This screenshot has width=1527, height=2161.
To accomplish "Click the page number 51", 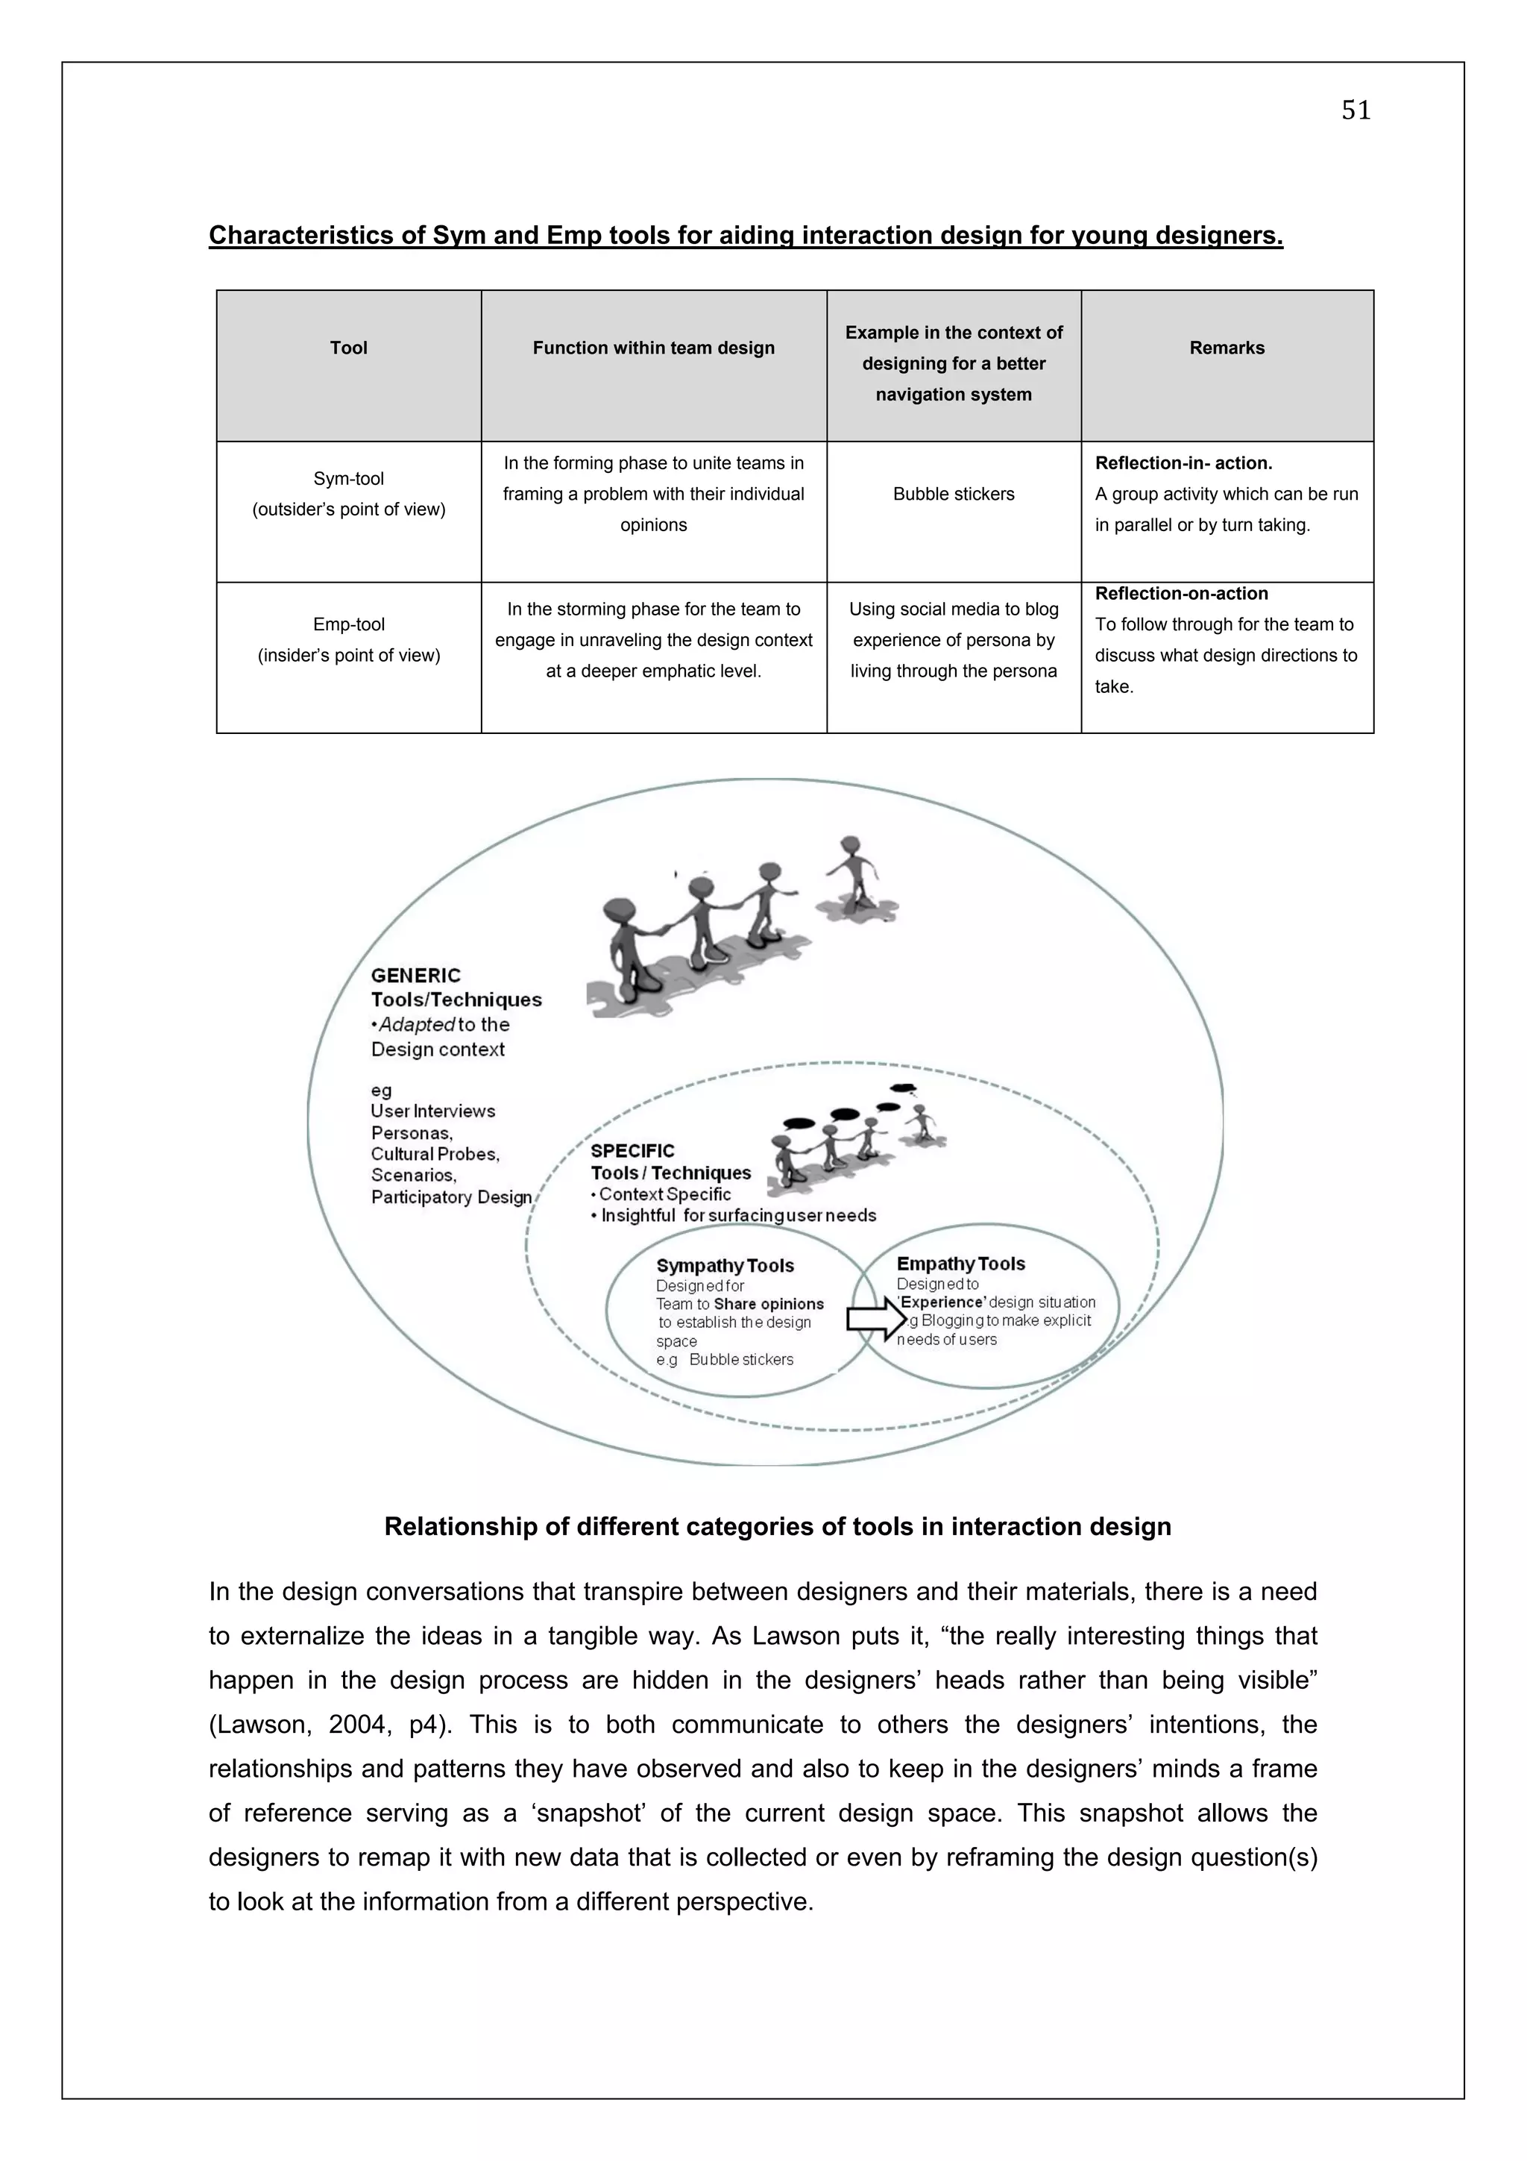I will [x=1355, y=111].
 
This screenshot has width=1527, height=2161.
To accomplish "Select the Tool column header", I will [x=348, y=348].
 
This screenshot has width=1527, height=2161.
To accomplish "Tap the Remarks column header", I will [x=1226, y=348].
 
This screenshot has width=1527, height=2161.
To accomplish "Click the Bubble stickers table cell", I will [x=953, y=494].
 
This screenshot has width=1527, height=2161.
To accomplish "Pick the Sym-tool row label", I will [x=348, y=479].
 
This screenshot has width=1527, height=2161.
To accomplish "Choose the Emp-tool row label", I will [x=348, y=625].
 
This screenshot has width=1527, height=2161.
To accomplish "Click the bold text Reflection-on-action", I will [x=1181, y=594].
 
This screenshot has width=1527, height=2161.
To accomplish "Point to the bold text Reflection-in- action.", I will [x=1183, y=463].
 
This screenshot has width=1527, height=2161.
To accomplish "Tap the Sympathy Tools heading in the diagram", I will [x=725, y=1266].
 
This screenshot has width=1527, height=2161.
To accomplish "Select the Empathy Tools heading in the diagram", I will [x=960, y=1264].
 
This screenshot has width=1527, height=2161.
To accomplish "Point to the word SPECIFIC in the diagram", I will [x=632, y=1151].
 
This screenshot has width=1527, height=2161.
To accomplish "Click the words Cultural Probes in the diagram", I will [x=435, y=1154].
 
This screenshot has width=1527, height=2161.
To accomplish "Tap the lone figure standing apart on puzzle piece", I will [x=854, y=875].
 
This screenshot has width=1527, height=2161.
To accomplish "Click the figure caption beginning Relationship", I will [x=777, y=1527].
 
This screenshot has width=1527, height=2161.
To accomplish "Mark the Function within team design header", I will [x=653, y=348].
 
